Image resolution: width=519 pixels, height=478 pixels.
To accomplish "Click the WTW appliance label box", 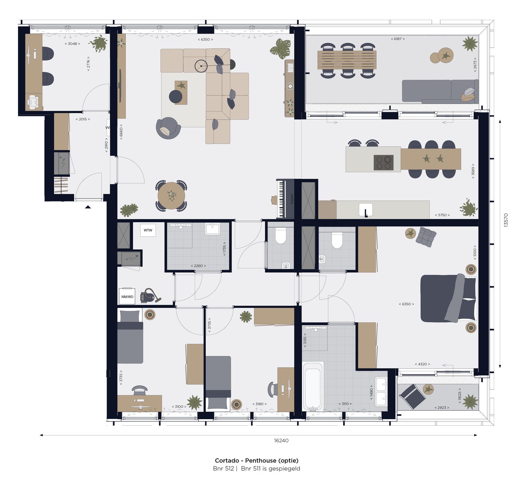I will [148, 230].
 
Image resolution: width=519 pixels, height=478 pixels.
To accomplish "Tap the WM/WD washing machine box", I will [127, 296].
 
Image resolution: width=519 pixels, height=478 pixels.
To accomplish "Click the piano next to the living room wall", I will [285, 199].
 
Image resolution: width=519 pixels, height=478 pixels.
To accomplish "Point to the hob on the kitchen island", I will [383, 162].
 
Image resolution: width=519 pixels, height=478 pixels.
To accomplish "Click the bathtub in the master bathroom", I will [312, 386].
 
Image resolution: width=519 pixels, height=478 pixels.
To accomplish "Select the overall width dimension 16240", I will [281, 440].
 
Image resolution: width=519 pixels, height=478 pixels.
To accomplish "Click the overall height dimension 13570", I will [506, 219].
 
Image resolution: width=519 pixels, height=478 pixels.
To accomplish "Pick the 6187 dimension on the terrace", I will [398, 39].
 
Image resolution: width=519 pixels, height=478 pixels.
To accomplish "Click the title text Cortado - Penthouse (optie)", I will [257, 460].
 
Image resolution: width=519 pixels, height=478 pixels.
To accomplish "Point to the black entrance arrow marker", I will [88, 207].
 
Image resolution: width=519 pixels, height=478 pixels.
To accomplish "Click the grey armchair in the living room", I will [168, 128].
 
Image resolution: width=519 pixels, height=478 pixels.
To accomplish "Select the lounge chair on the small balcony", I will [412, 397].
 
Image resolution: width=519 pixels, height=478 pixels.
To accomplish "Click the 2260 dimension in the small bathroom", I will [198, 266].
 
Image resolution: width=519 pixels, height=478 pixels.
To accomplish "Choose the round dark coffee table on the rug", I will [176, 96].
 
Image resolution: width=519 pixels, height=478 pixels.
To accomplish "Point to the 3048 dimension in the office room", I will [72, 44].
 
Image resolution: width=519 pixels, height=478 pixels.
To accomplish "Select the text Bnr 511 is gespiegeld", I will [270, 469].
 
